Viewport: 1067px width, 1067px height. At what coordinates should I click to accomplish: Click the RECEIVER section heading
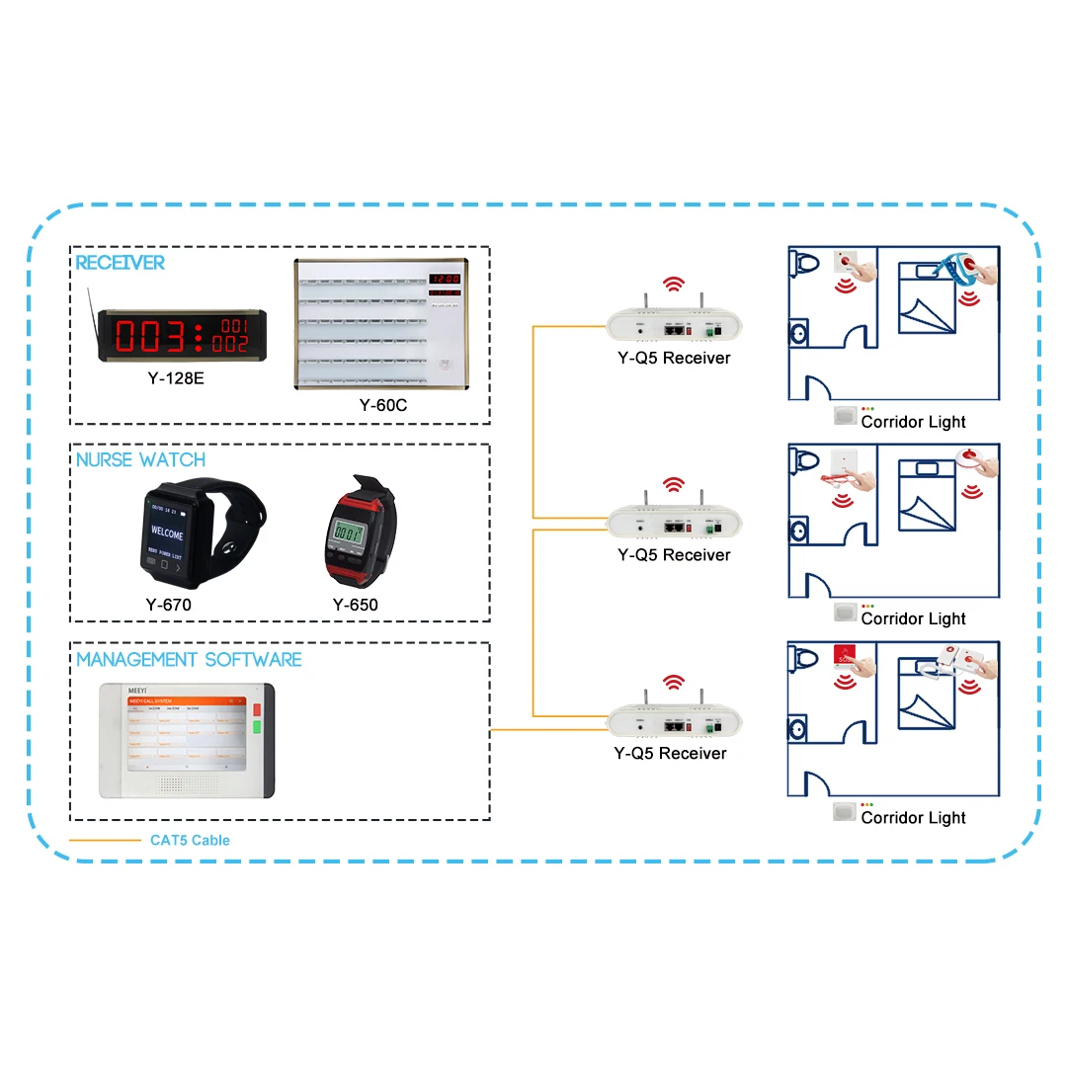(121, 263)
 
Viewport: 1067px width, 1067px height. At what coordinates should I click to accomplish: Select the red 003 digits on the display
(152, 336)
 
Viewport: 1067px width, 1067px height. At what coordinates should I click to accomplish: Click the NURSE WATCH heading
(141, 460)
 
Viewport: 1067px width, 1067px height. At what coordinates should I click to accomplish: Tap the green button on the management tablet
(257, 730)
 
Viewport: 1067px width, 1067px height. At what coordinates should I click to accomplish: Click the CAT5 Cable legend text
(190, 841)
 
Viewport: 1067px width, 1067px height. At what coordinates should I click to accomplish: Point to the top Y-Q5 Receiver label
(674, 358)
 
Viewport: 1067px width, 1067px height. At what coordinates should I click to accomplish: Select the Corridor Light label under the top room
(913, 422)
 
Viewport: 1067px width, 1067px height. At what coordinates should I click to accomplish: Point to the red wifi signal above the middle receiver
(674, 484)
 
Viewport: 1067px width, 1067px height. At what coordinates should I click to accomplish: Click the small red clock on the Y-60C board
(445, 280)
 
